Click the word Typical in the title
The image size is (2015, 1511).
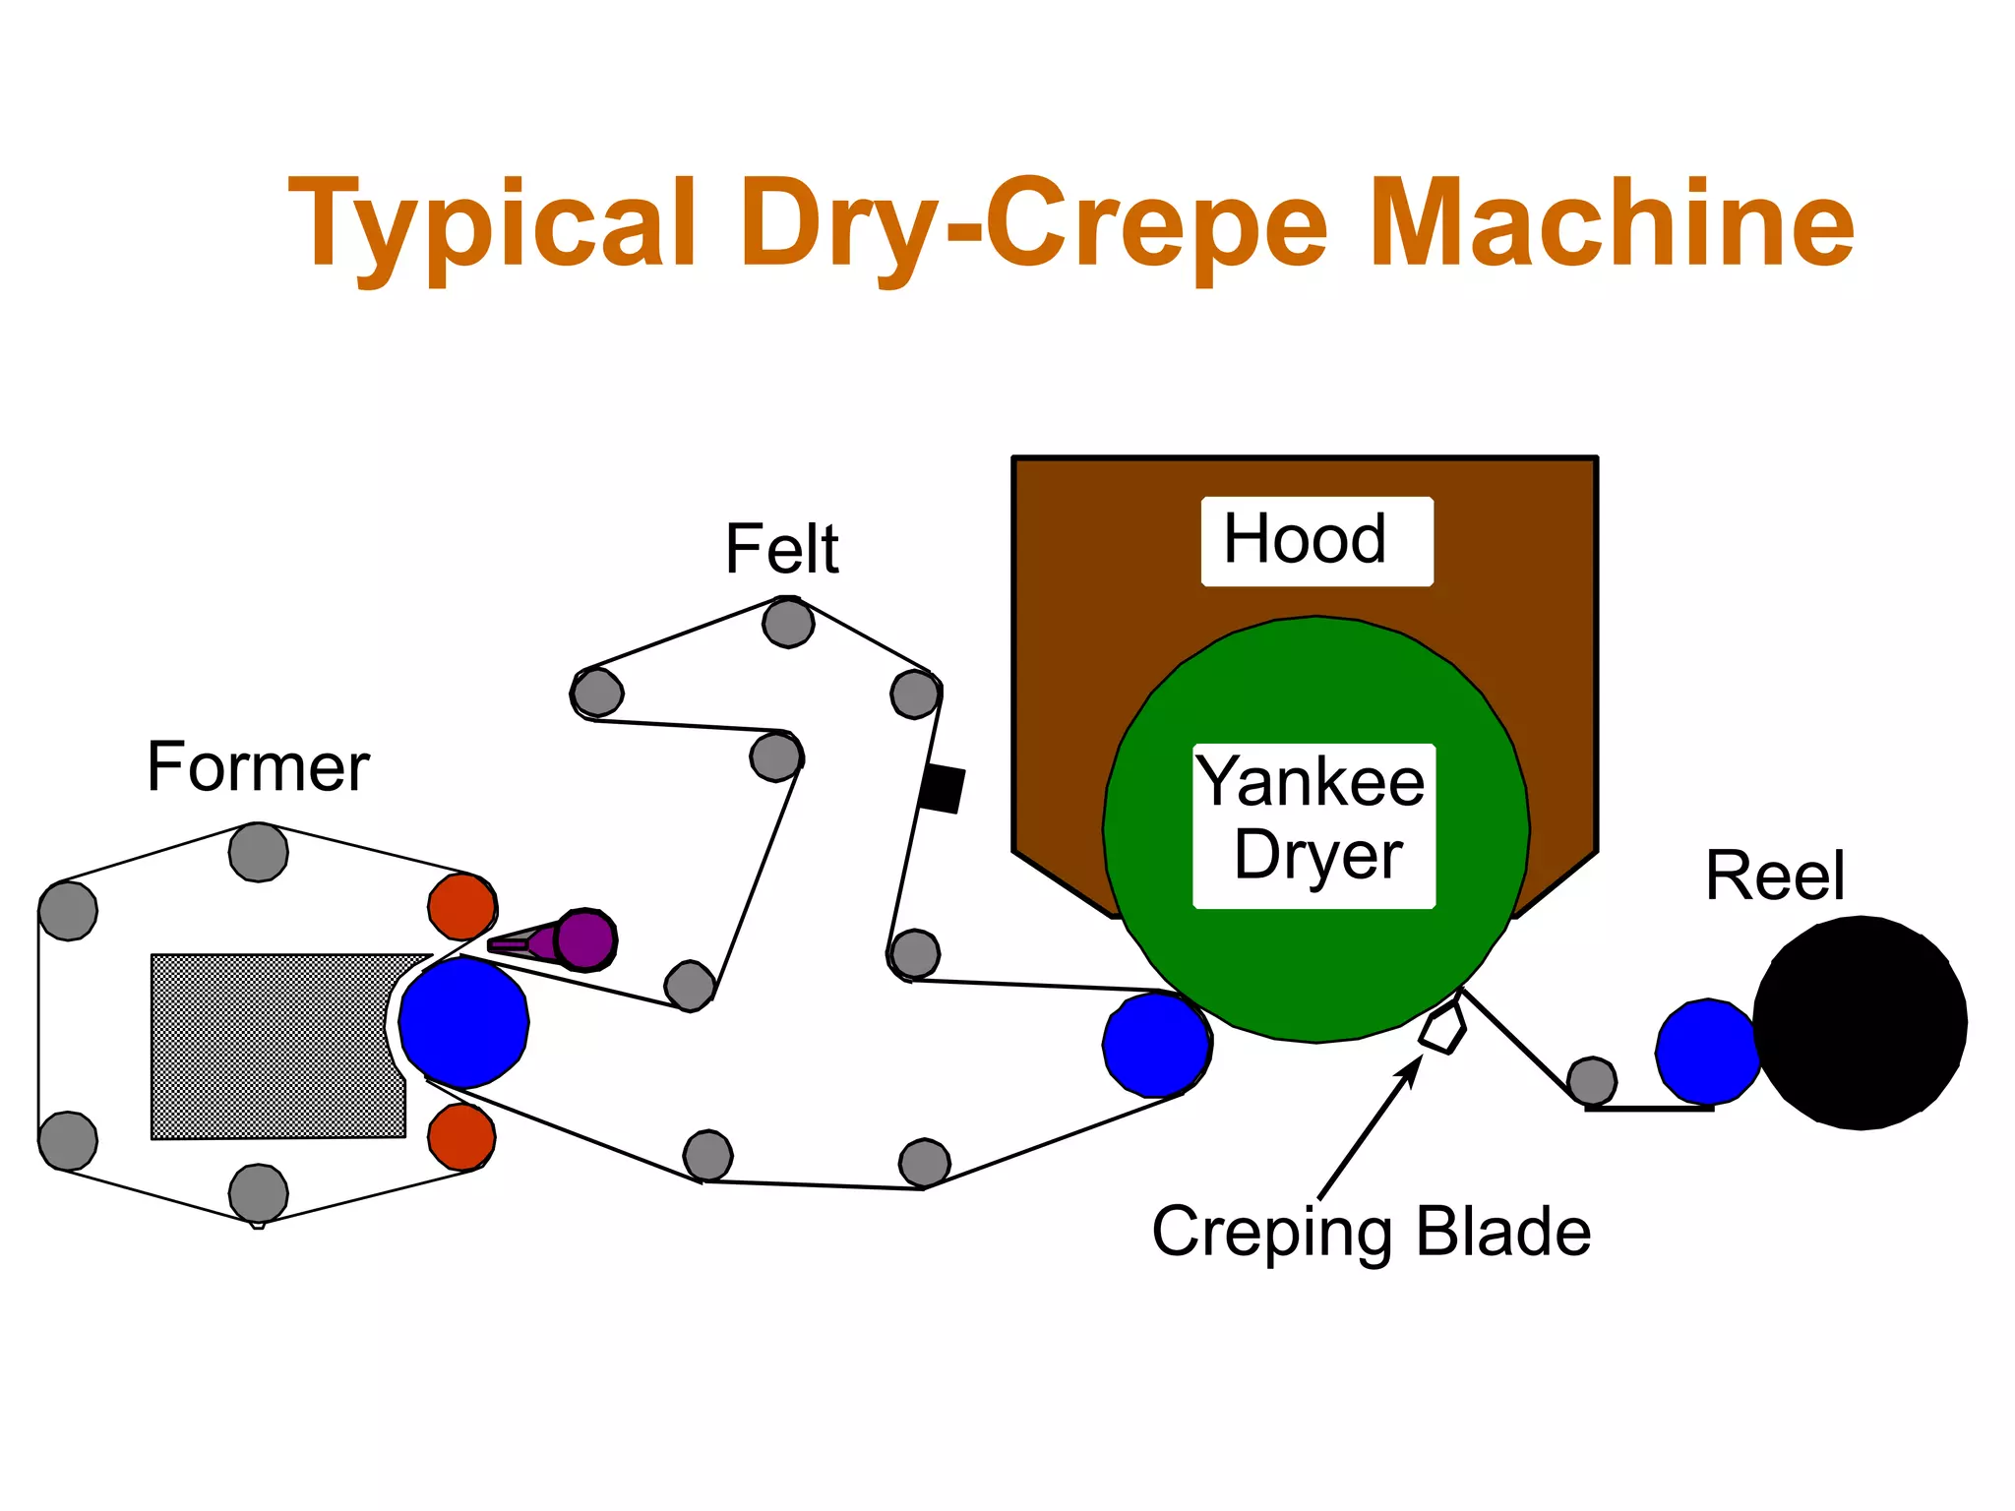(x=492, y=226)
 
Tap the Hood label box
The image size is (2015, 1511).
(x=1315, y=541)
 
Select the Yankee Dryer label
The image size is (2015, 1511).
(x=1313, y=824)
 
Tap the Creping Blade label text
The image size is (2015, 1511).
(x=1371, y=1232)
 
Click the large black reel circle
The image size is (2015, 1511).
(x=1860, y=1022)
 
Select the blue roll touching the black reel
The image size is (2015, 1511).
(x=1708, y=1051)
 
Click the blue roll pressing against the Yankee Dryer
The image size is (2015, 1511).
(x=1156, y=1044)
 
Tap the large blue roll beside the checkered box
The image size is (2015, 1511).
(x=463, y=1022)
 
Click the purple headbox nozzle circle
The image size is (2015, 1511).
(x=585, y=939)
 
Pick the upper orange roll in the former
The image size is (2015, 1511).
(x=461, y=906)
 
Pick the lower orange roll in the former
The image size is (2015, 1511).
(x=461, y=1136)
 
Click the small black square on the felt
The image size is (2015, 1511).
(x=942, y=789)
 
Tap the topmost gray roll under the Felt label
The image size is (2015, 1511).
(x=788, y=622)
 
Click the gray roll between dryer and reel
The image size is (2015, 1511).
(x=1591, y=1081)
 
